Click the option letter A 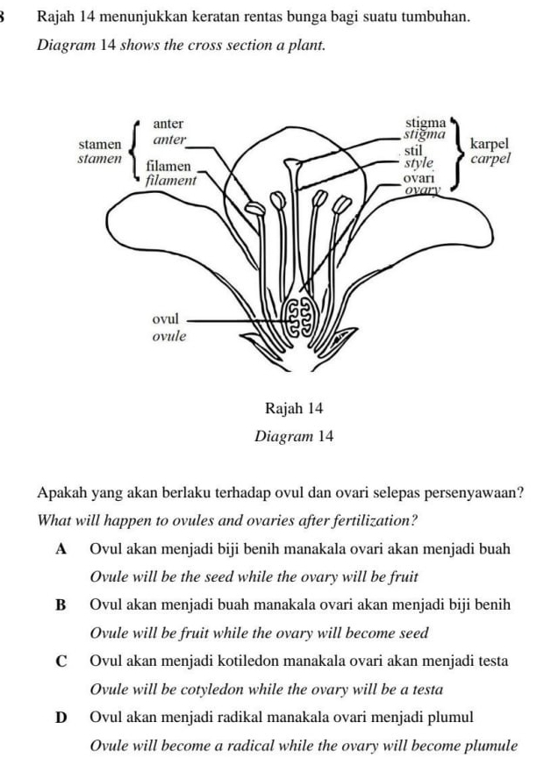pos(61,550)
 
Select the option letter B pos(61,605)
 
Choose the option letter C pos(61,661)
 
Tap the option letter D pos(61,716)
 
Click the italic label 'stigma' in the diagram pos(419,134)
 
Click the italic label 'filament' pos(170,179)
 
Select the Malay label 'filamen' pos(169,165)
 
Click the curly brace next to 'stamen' pos(135,149)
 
